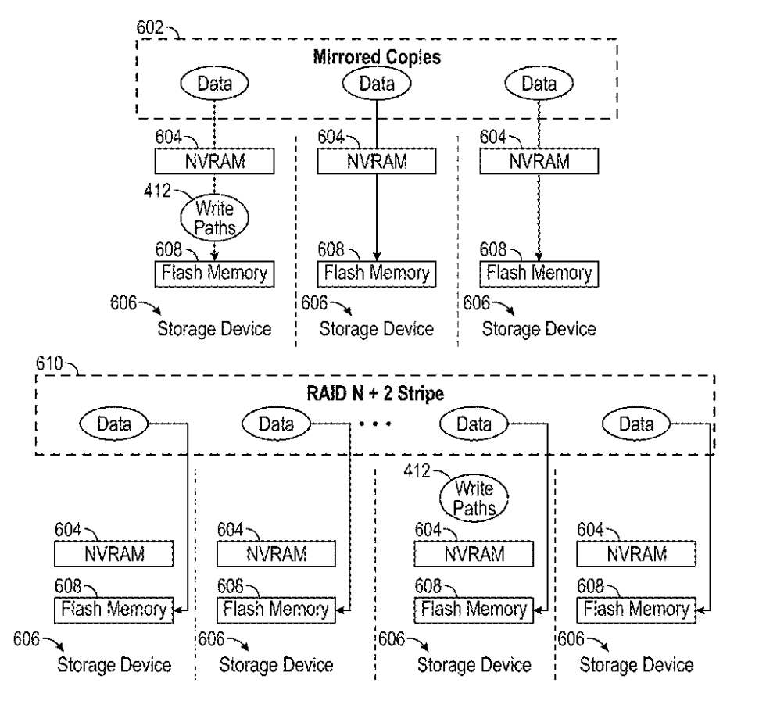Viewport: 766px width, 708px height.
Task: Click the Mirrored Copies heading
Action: tap(378, 58)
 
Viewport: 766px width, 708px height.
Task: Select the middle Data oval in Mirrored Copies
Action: tap(378, 83)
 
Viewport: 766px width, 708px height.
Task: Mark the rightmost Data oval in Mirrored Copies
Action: tap(539, 83)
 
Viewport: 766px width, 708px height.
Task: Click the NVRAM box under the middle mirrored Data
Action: tap(377, 162)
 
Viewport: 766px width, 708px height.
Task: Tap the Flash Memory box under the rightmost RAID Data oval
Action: tap(636, 609)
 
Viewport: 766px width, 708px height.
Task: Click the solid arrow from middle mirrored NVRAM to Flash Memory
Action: tap(378, 219)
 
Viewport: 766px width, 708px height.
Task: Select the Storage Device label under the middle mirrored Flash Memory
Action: tap(376, 329)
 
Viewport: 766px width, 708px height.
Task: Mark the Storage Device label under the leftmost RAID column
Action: tap(113, 666)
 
